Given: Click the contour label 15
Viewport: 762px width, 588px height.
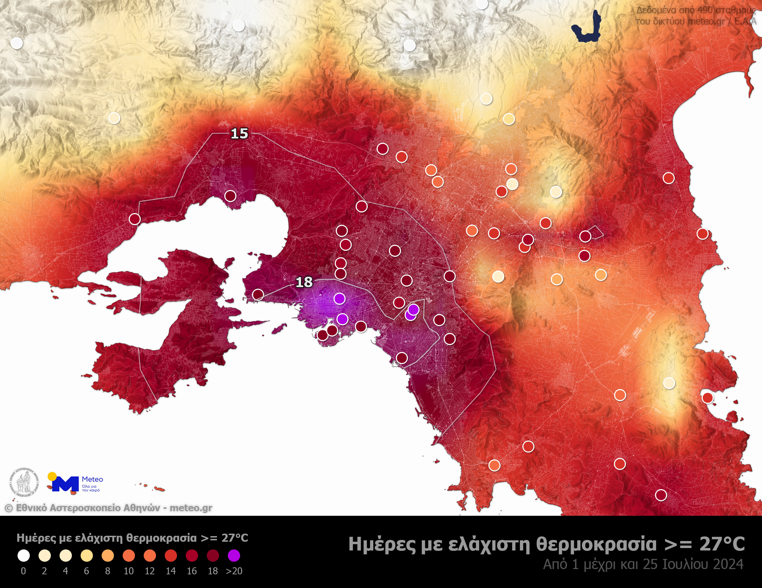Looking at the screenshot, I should coord(239,134).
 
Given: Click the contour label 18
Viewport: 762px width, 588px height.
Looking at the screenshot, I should coord(304,282).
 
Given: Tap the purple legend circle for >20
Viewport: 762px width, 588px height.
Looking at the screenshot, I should coord(234,555).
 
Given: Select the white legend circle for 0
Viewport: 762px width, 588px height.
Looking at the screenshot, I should coord(23,555).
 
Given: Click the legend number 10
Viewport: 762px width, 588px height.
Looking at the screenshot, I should coord(129,571).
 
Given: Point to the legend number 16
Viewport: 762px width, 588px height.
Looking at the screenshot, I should coord(192,571).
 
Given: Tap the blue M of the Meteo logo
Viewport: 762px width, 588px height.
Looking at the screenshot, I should coord(65,484).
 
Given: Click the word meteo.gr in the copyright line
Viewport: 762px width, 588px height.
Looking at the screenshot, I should coord(191,508).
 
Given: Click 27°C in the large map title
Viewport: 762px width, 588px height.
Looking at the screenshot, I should coord(722,544).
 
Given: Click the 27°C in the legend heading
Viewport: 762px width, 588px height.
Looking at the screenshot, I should coord(234,538).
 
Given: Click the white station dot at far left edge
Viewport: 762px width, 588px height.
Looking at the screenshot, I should coord(16,43).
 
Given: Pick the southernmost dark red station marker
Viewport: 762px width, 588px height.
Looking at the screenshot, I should coord(661,495).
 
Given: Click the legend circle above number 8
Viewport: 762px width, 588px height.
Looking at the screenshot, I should coord(108,555).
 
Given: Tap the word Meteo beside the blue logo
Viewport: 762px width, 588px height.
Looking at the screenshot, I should coord(93,479).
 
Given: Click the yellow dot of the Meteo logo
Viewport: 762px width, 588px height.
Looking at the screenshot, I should coord(52,476).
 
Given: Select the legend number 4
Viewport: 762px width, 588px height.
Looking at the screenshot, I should coord(66,571).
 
